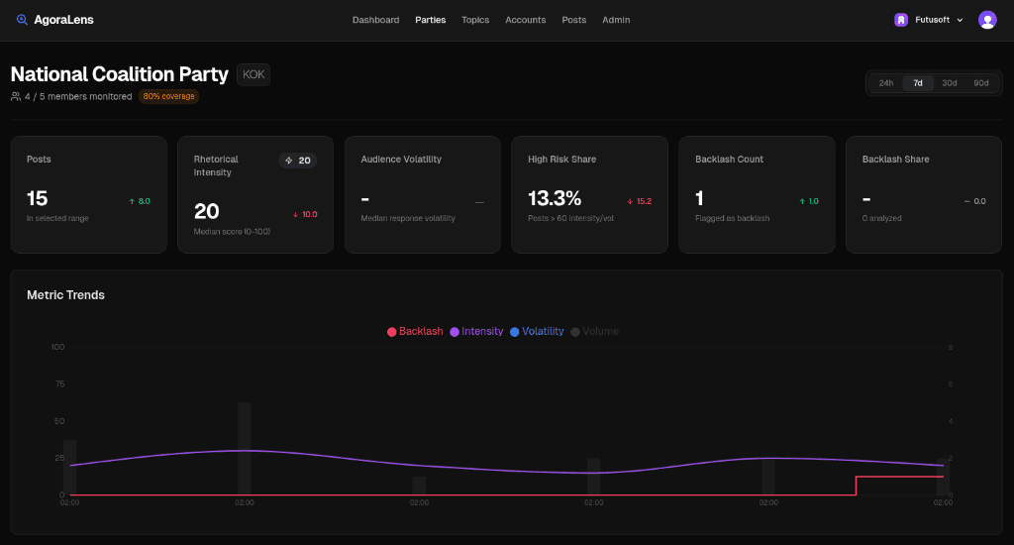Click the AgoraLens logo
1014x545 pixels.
coord(55,20)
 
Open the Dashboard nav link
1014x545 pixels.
coord(375,20)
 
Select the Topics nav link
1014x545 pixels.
coord(475,20)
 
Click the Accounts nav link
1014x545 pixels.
coord(525,20)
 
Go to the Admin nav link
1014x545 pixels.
coord(616,20)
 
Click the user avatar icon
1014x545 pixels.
coord(987,20)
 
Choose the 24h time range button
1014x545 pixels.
coord(886,83)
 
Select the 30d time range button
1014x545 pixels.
coord(949,83)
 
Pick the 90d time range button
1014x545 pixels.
coord(980,83)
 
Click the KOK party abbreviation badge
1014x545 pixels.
coord(253,74)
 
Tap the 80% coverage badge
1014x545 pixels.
coord(168,96)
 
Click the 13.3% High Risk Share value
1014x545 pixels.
coord(555,198)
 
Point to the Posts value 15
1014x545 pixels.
coord(38,198)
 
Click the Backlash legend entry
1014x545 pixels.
coord(415,331)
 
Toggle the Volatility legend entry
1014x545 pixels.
coord(537,331)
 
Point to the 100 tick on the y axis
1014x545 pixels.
coord(57,347)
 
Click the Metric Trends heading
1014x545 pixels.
coord(65,294)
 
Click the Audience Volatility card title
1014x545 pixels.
coord(401,159)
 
